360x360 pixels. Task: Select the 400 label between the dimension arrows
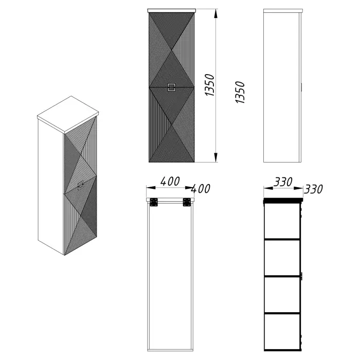pyautogui.click(x=170, y=182)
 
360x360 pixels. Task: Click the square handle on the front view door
pyautogui.click(x=171, y=87)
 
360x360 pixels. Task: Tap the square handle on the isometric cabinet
pyautogui.click(x=80, y=185)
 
